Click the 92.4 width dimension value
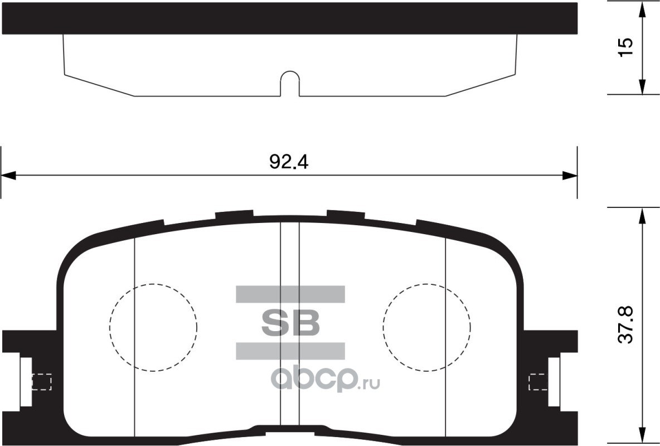tap(289, 162)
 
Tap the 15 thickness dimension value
tap(625, 47)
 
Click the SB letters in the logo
tap(290, 323)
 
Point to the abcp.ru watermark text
tap(326, 380)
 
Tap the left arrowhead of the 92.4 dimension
tap(8, 176)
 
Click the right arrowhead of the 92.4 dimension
tap(570, 176)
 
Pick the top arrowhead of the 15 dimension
tap(642, 8)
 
